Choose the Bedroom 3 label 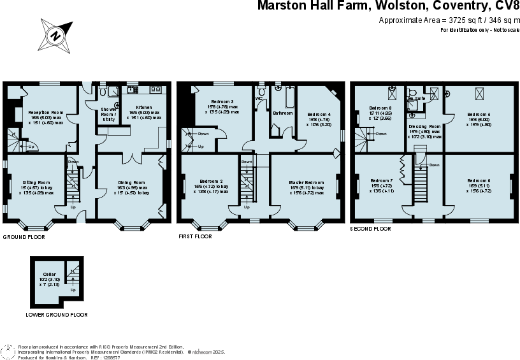[222, 102]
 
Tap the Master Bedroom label [307, 182]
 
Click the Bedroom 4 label [319, 113]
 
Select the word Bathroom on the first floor [282, 113]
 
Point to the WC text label [259, 99]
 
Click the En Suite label [416, 99]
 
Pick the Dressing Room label [424, 127]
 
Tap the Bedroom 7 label [381, 180]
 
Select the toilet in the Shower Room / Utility [117, 105]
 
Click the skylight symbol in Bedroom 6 [478, 94]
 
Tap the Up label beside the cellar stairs [73, 290]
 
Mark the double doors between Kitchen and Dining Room [131, 156]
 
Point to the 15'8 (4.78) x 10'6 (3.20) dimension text [319, 122]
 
